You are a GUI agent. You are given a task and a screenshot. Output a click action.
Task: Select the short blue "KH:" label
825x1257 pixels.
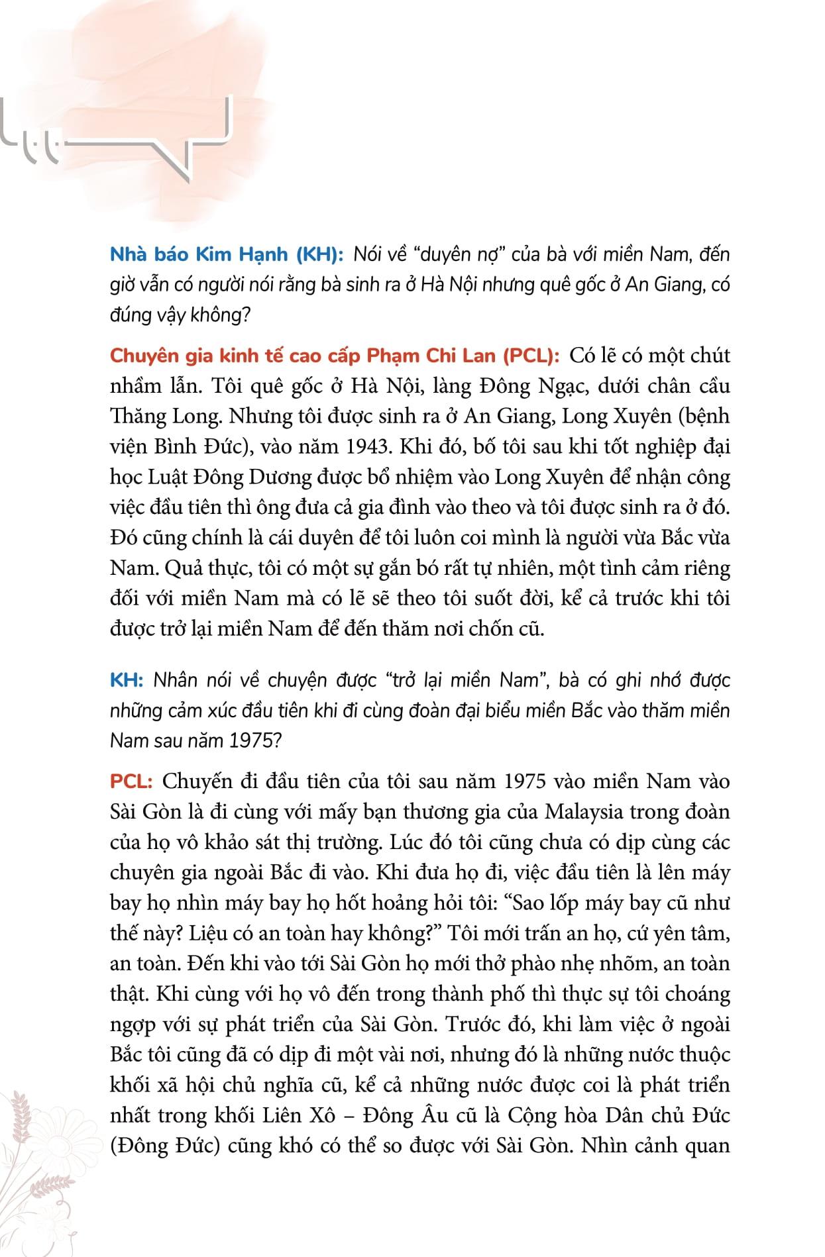click(x=128, y=680)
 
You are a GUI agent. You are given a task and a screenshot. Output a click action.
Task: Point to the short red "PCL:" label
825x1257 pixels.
click(x=131, y=781)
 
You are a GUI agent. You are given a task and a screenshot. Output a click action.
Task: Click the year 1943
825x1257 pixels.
click(x=367, y=446)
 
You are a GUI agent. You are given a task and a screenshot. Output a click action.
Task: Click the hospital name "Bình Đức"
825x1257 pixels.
click(x=196, y=446)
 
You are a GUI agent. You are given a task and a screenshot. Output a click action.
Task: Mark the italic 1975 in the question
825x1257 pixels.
click(x=250, y=740)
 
